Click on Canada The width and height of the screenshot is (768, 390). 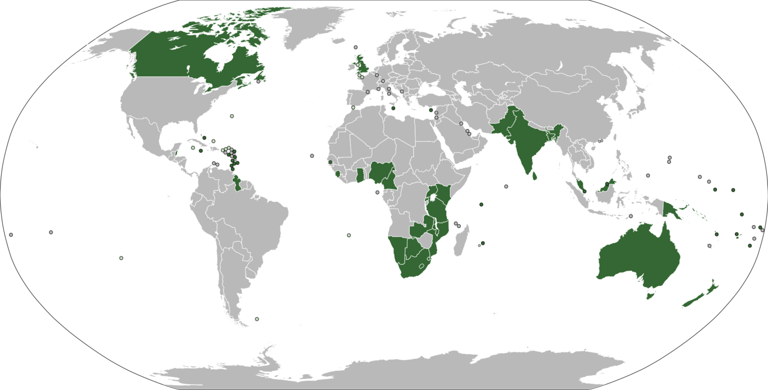point(176,59)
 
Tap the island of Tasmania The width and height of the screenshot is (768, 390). point(650,296)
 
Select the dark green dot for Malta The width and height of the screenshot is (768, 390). point(393,108)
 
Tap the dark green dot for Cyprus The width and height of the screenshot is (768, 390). point(431,110)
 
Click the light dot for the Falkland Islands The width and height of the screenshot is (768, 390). point(257,319)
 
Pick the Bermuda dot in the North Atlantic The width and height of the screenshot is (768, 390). point(231,116)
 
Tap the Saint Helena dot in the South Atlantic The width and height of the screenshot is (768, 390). point(349,235)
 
